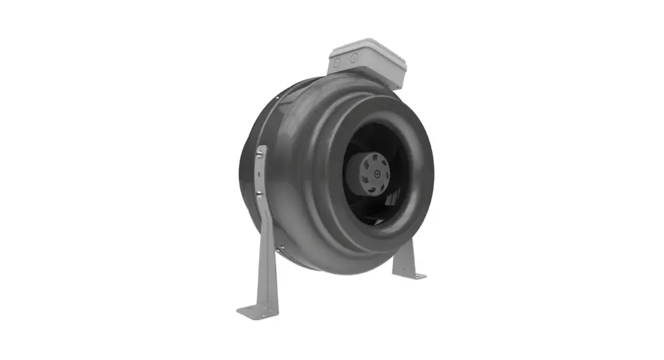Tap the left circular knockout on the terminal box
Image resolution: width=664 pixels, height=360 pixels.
(x=337, y=63)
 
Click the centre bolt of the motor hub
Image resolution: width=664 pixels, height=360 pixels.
(x=378, y=171)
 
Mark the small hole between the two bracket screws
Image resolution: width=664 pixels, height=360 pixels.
(x=259, y=173)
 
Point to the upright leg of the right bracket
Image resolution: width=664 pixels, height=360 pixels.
(x=404, y=256)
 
